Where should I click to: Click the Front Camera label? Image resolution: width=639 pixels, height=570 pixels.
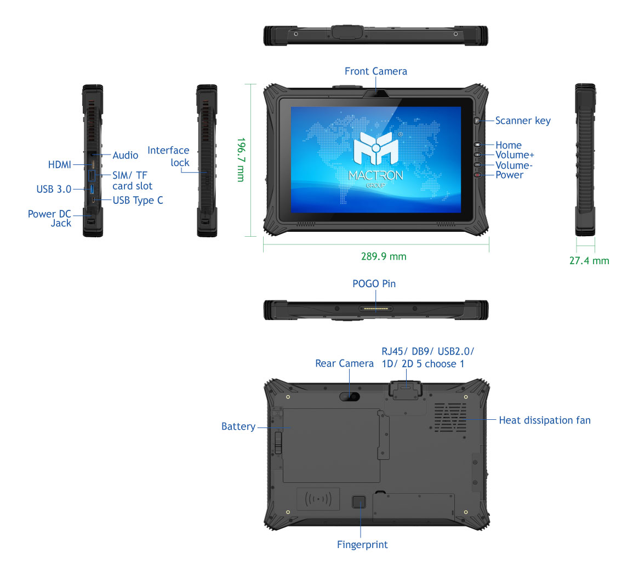pyautogui.click(x=375, y=71)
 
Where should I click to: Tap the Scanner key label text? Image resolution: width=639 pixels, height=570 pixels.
pyautogui.click(x=523, y=121)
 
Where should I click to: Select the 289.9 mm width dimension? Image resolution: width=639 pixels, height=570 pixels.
pyautogui.click(x=384, y=256)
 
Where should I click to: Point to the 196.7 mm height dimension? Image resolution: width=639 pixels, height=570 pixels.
pyautogui.click(x=240, y=159)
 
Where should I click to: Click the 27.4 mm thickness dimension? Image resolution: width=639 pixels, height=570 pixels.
pyautogui.click(x=589, y=261)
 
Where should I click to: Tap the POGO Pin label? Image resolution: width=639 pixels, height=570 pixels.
pyautogui.click(x=374, y=284)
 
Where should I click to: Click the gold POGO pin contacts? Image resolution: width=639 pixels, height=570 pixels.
pyautogui.click(x=376, y=309)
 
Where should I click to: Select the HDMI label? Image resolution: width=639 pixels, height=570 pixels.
pyautogui.click(x=59, y=164)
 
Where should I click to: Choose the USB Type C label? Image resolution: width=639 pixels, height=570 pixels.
pyautogui.click(x=138, y=201)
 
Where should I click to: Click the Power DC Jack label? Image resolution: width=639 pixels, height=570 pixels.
pyautogui.click(x=50, y=218)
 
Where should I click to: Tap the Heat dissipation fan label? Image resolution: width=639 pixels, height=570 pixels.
pyautogui.click(x=545, y=420)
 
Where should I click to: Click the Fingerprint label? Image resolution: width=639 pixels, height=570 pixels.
pyautogui.click(x=362, y=545)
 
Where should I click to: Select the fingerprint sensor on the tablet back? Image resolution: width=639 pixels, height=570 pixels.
pyautogui.click(x=359, y=501)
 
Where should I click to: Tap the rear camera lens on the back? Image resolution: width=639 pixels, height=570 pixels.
pyautogui.click(x=354, y=396)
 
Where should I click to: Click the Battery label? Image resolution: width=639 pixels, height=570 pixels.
pyautogui.click(x=238, y=426)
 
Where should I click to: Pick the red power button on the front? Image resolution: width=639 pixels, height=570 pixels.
pyautogui.click(x=477, y=175)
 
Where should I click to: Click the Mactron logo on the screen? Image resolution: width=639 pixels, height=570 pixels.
pyautogui.click(x=376, y=149)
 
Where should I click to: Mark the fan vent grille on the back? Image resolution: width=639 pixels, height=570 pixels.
pyautogui.click(x=450, y=417)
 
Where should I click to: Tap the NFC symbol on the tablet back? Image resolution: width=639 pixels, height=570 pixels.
pyautogui.click(x=318, y=499)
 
